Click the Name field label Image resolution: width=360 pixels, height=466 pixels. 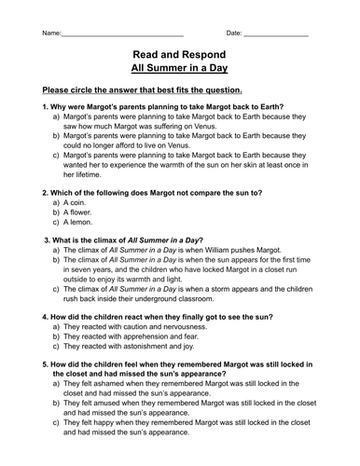point(52,34)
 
